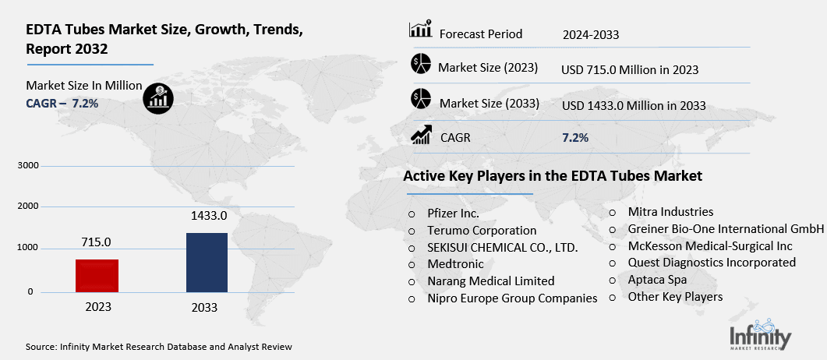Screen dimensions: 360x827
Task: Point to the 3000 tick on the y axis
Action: [27, 166]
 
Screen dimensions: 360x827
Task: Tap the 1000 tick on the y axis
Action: [27, 248]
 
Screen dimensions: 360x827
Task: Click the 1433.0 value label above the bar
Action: [207, 215]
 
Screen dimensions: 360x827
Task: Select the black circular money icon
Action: [159, 96]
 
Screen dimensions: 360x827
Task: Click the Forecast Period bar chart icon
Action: [420, 31]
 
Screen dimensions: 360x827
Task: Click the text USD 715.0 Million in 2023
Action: [629, 69]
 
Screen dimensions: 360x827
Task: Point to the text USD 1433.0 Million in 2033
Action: [633, 105]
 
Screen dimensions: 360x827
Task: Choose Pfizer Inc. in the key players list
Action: [453, 213]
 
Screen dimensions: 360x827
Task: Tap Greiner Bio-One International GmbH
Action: [726, 229]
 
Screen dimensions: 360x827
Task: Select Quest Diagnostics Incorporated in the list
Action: [712, 263]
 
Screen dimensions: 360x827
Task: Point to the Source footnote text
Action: [159, 346]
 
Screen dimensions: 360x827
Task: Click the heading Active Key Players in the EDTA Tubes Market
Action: [553, 176]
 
